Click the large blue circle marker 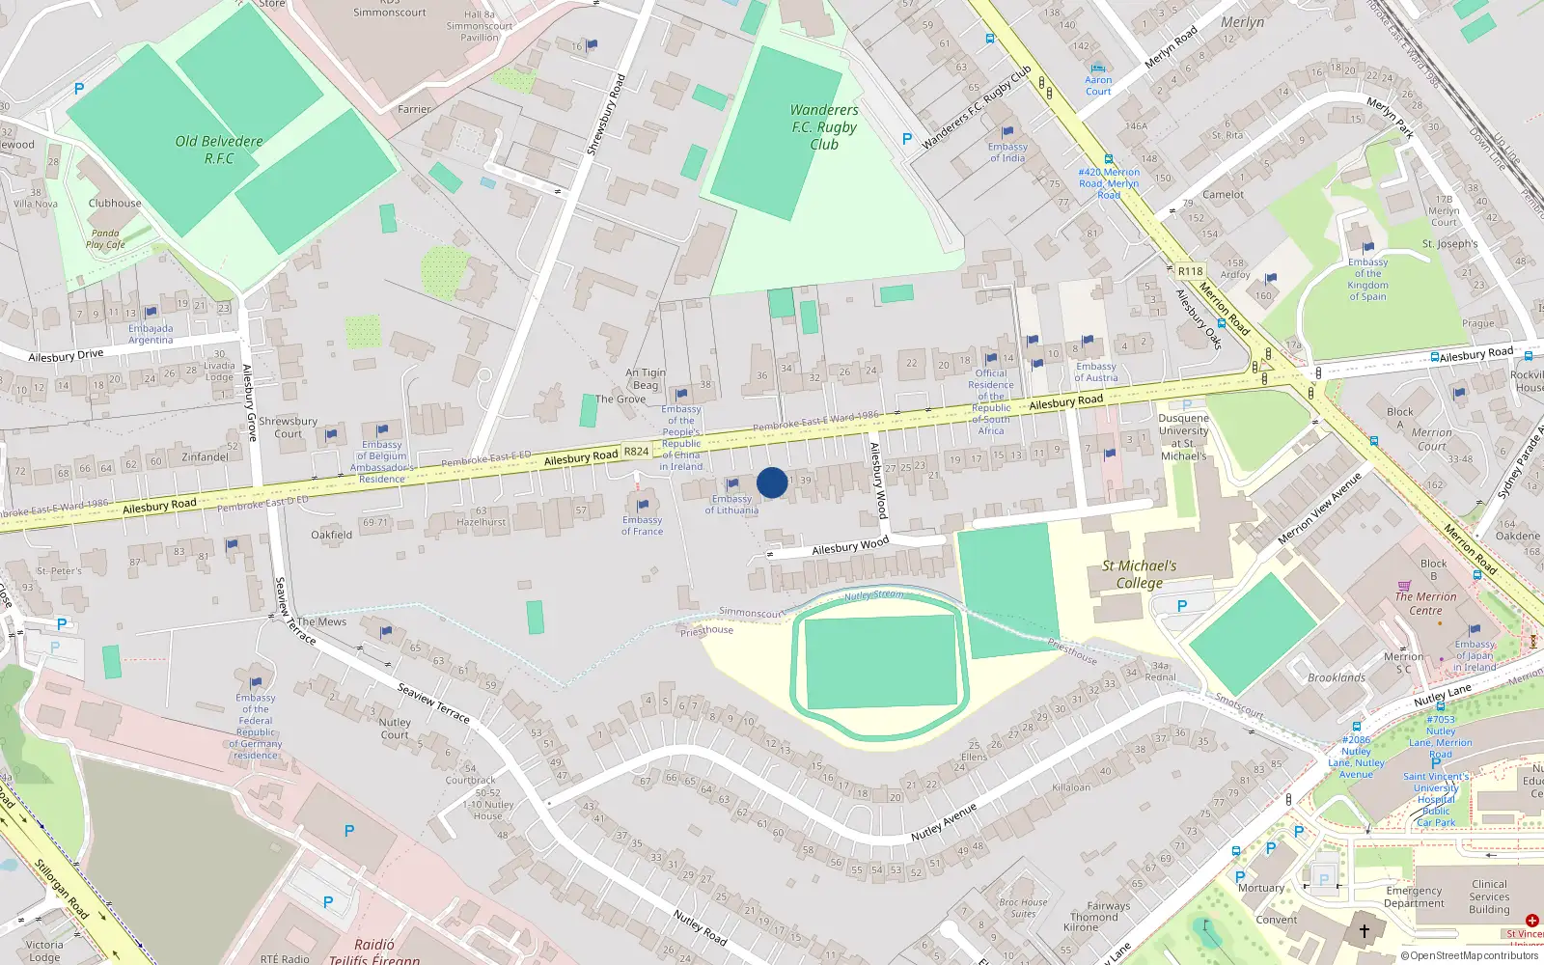click(x=772, y=482)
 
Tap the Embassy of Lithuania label click(x=731, y=505)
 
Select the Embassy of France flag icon click(x=643, y=506)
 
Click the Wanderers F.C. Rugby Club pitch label click(x=823, y=126)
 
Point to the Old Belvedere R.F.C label click(x=219, y=150)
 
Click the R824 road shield click(x=636, y=452)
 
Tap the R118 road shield click(x=1190, y=271)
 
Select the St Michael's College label click(x=1139, y=574)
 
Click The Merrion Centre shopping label click(x=1425, y=603)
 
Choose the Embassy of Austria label click(x=1095, y=372)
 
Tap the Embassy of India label click(x=1007, y=152)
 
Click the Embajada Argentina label click(x=151, y=334)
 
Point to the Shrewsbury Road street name click(x=607, y=115)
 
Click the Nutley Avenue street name click(x=944, y=821)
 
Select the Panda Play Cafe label click(x=105, y=238)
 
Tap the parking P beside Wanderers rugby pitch click(x=906, y=139)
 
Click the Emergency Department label click(x=1414, y=897)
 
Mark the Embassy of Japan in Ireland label click(x=1475, y=655)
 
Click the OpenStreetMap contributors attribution click(x=1470, y=955)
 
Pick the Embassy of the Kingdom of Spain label click(x=1367, y=279)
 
